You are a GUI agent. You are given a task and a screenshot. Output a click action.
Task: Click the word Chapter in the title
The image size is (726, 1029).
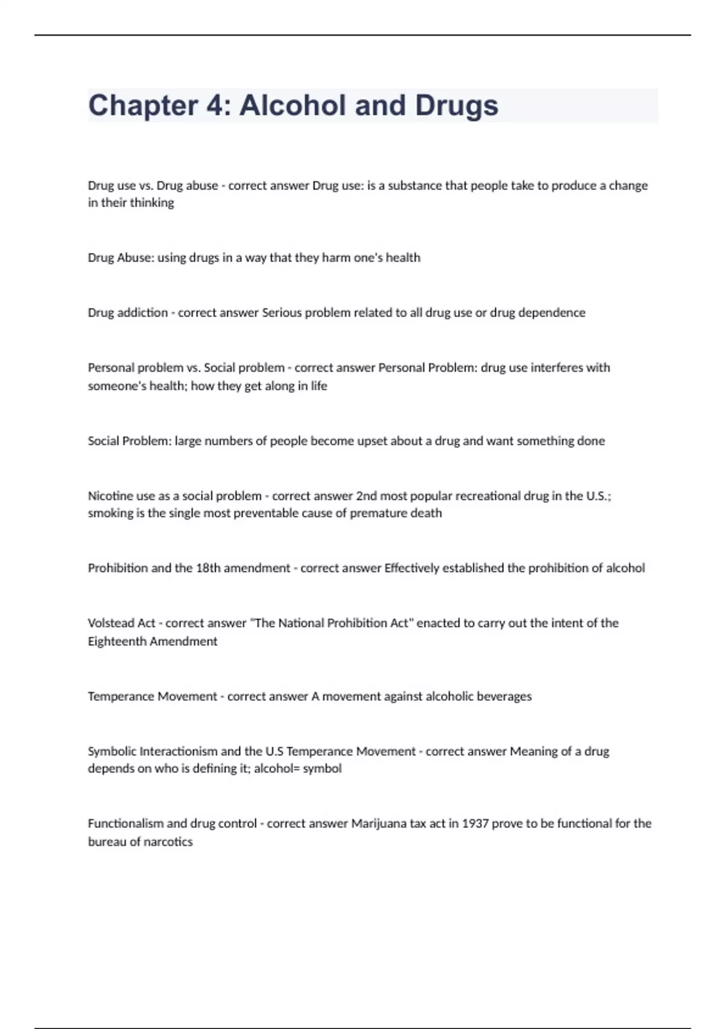pyautogui.click(x=143, y=106)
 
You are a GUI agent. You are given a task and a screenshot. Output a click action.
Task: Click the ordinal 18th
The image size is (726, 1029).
pyautogui.click(x=208, y=568)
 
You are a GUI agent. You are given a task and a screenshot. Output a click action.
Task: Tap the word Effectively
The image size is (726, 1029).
pyautogui.click(x=411, y=568)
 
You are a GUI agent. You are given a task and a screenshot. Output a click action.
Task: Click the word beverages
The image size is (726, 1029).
pyautogui.click(x=504, y=697)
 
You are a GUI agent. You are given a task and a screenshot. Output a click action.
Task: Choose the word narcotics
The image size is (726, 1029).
pyautogui.click(x=168, y=842)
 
